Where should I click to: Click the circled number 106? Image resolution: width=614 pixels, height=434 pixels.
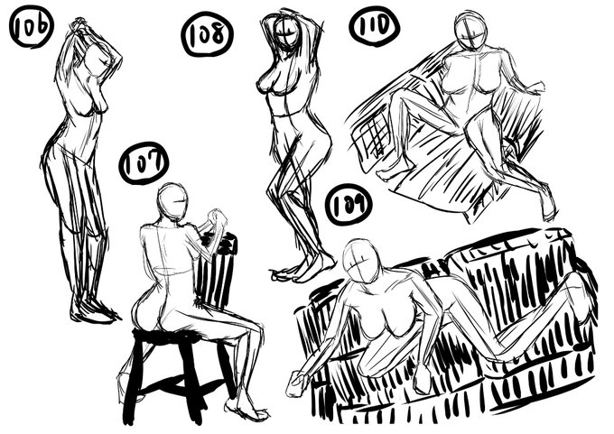(x=31, y=26)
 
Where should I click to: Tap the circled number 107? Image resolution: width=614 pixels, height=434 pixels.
(x=144, y=162)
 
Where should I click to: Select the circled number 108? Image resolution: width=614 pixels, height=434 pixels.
(x=207, y=33)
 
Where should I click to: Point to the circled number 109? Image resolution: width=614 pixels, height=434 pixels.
(x=349, y=206)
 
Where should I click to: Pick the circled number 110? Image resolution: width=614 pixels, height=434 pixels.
(x=375, y=25)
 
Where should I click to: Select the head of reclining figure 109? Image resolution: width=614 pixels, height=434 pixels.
(x=360, y=260)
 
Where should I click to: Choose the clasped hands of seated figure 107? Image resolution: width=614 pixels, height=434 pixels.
(x=217, y=217)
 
